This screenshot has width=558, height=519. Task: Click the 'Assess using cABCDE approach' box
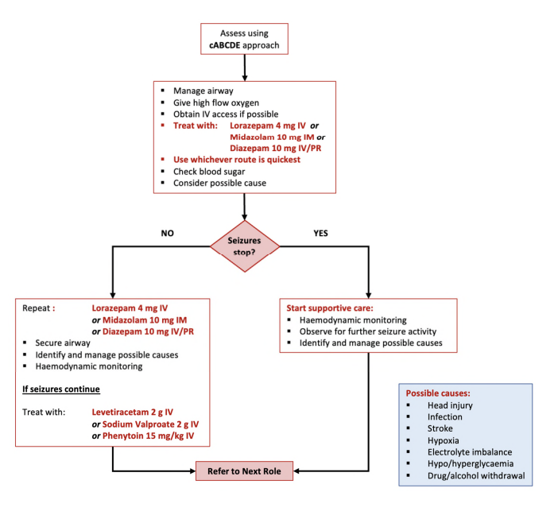(244, 40)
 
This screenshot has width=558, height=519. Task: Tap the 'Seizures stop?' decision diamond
(245, 245)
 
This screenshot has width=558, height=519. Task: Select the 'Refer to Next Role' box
(244, 471)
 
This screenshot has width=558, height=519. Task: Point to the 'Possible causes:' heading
(437, 393)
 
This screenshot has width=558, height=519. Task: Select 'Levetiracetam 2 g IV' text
(132, 412)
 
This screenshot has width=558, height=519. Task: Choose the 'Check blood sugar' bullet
(209, 171)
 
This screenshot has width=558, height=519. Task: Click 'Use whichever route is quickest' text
(237, 160)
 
